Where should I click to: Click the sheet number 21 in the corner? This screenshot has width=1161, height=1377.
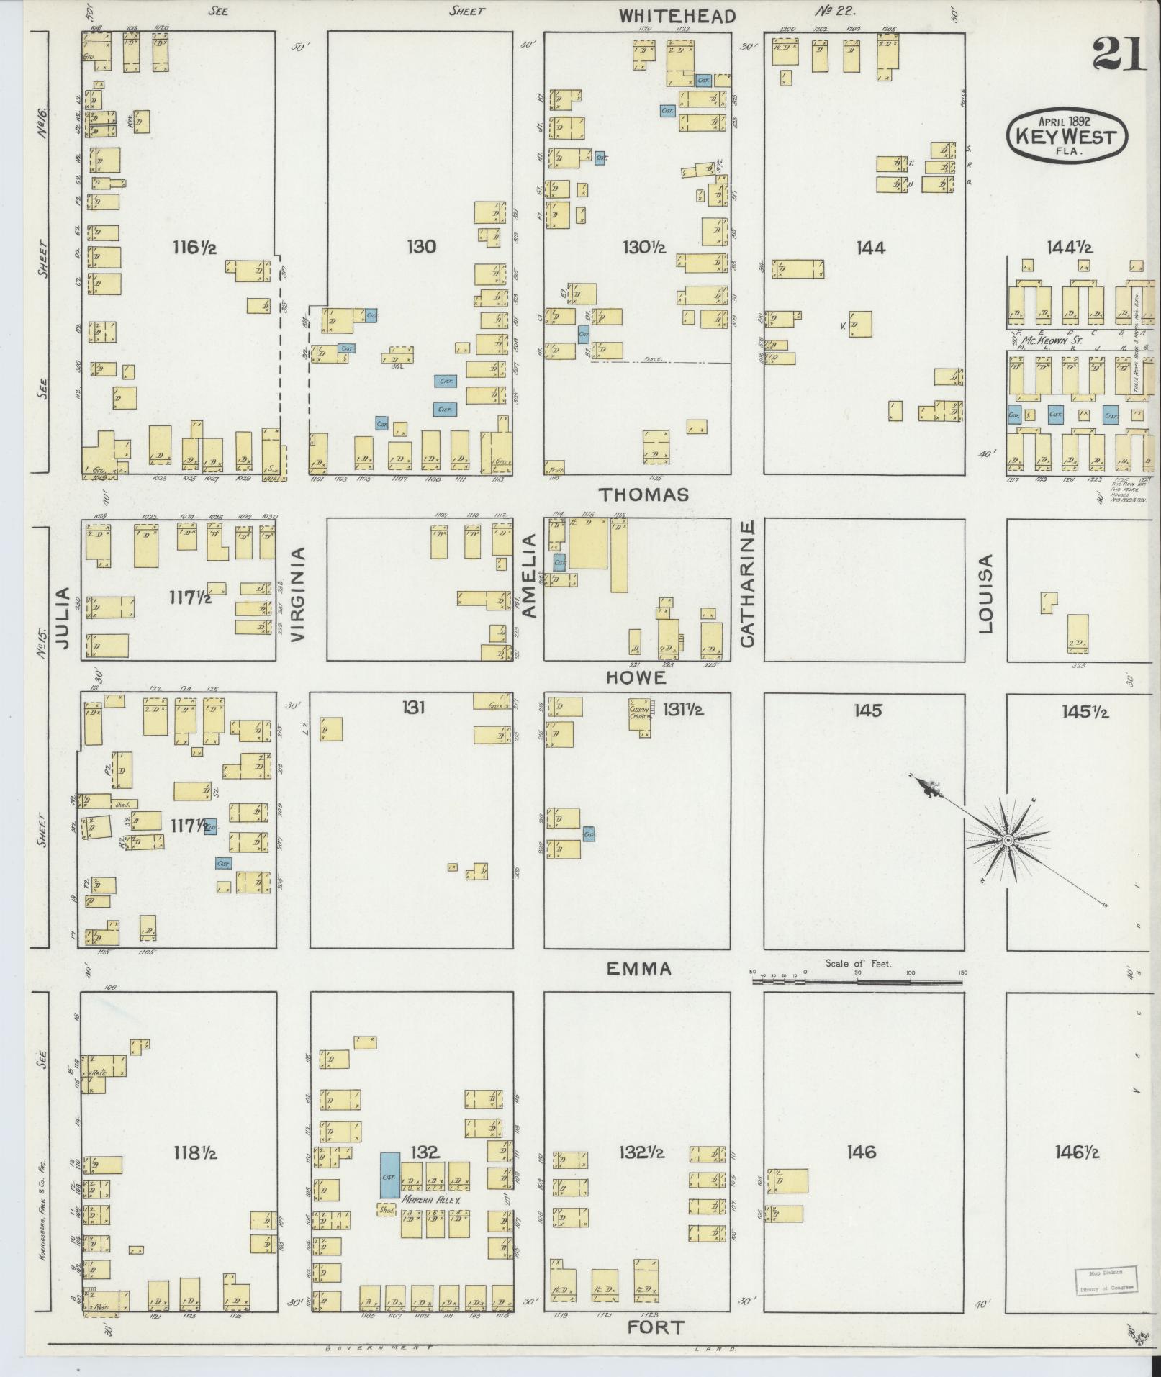click(1118, 53)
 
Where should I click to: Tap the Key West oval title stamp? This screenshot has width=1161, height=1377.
click(1066, 135)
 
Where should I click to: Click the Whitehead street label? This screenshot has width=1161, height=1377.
click(677, 16)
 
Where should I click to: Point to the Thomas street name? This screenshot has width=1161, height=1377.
click(643, 495)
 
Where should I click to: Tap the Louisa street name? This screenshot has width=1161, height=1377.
click(985, 594)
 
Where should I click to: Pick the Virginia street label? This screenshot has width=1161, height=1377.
click(299, 594)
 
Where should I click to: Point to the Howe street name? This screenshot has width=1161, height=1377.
click(636, 677)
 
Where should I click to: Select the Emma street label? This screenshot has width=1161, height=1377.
click(638, 969)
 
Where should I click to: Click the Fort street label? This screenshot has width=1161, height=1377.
click(655, 1327)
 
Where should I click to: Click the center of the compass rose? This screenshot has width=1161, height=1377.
click(1008, 840)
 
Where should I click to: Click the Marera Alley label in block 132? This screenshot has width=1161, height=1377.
click(430, 1201)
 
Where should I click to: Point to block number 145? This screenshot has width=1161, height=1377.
click(867, 710)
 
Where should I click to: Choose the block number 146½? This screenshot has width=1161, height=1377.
click(1077, 1152)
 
